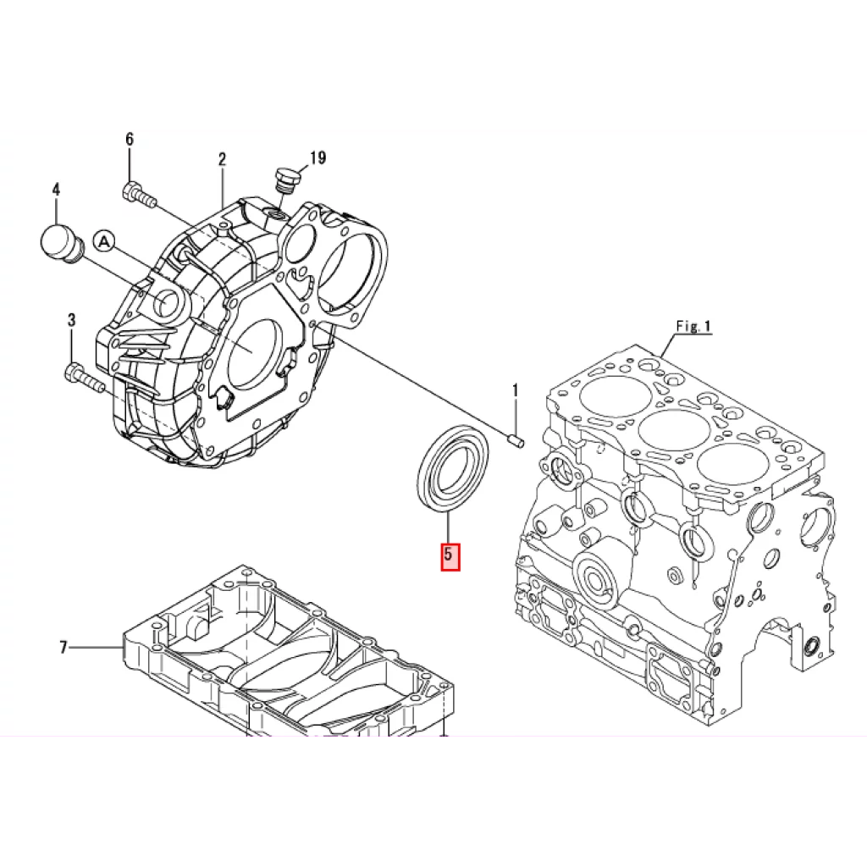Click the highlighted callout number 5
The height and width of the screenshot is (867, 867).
450,554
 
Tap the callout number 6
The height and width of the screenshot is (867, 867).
130,139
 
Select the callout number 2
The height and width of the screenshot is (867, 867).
222,159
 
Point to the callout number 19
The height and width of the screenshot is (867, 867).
318,158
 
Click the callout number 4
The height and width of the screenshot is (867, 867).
57,190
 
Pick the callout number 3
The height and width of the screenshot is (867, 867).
71,319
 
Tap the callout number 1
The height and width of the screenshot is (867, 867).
516,390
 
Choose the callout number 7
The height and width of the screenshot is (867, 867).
63,647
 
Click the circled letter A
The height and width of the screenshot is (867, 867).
103,241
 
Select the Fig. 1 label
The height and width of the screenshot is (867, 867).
693,326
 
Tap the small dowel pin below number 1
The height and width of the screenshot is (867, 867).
516,441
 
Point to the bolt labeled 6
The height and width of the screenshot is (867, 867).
139,195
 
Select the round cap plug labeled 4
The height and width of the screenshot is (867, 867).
60,244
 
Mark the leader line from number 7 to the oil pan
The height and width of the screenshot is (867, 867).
95,647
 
